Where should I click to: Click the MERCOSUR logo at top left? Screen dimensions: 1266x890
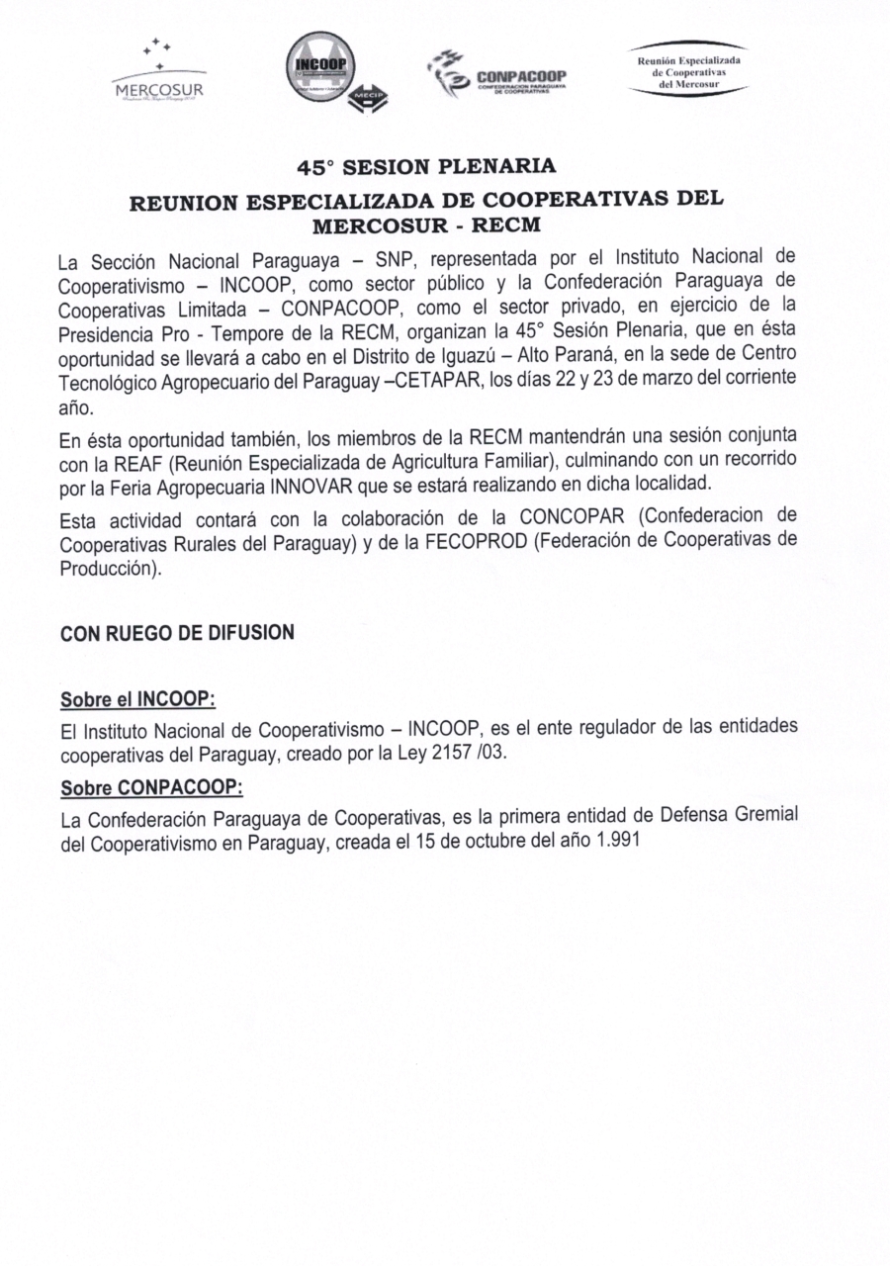(x=159, y=72)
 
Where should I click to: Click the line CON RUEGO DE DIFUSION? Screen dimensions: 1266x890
(x=177, y=633)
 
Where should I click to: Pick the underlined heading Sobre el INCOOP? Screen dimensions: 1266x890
(x=137, y=699)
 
